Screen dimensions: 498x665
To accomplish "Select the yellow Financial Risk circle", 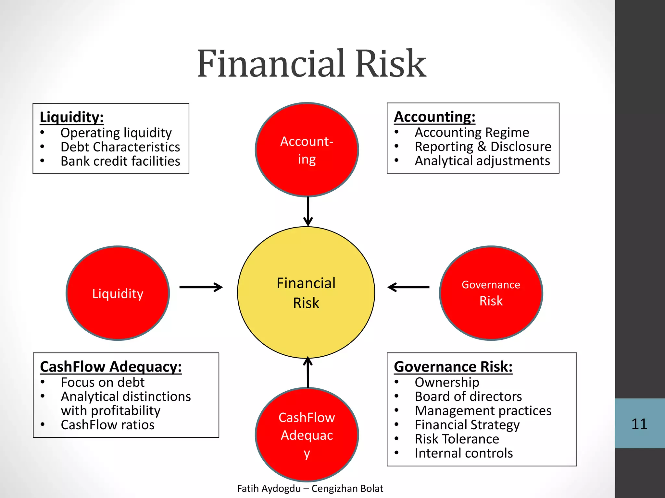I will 306,292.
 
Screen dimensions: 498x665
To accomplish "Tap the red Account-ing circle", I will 307,150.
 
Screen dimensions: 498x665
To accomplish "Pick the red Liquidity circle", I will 118,293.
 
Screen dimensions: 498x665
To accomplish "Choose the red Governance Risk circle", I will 491,293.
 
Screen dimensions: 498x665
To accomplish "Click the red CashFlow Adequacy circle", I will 307,434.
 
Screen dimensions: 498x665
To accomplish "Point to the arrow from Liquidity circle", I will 201,287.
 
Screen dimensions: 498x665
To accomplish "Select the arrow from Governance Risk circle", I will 408,287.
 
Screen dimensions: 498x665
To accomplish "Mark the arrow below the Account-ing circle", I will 308,211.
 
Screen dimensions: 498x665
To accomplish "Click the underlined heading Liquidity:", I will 71,117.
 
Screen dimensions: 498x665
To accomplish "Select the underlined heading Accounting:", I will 434,117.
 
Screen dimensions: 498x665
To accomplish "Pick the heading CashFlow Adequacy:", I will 111,367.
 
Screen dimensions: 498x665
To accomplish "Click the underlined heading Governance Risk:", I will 453,367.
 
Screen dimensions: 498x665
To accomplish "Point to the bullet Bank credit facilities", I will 120,161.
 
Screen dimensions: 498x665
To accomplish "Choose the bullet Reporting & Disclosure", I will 483,147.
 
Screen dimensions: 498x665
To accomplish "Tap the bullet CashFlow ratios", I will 107,425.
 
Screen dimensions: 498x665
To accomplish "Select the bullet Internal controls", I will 464,453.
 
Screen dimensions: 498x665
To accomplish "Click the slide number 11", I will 639,424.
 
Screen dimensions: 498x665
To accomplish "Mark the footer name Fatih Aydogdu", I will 269,488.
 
